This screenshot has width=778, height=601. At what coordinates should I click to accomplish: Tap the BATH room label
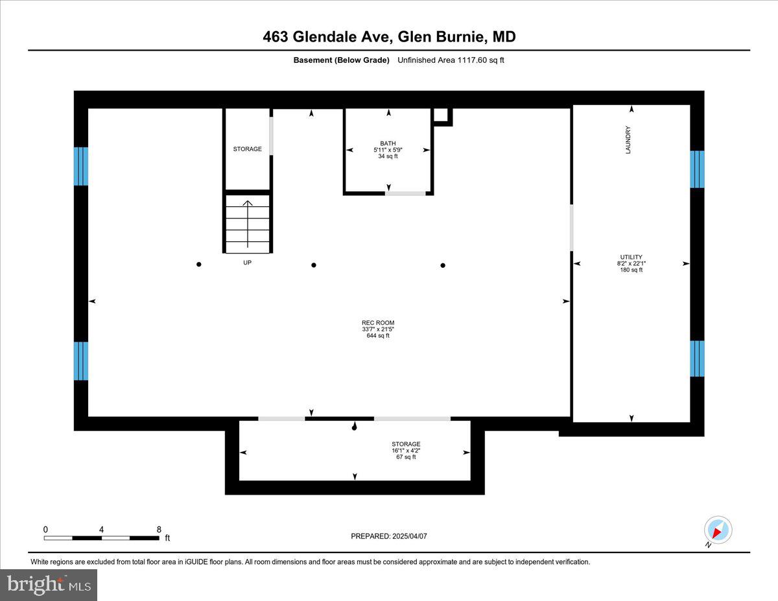[388, 144]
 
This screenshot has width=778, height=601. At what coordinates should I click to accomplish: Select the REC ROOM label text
[378, 323]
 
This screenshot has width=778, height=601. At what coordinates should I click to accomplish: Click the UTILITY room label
[630, 257]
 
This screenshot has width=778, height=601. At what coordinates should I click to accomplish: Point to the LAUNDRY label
[628, 139]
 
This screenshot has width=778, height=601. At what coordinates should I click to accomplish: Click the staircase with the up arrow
[247, 224]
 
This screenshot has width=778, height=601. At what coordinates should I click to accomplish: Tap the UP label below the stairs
[247, 263]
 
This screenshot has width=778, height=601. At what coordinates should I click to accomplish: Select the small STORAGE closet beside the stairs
[247, 149]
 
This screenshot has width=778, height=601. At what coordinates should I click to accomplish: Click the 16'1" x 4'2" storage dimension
[406, 451]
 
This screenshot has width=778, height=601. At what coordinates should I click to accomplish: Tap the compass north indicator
[718, 530]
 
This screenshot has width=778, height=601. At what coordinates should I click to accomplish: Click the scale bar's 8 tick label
[159, 529]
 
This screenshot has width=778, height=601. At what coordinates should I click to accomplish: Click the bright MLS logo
[49, 585]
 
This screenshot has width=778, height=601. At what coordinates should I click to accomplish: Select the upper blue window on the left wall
[80, 166]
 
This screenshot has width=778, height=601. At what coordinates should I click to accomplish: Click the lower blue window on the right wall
[697, 358]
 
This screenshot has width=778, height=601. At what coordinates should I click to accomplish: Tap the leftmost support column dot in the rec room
[199, 264]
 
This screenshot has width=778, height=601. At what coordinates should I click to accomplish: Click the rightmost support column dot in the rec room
[443, 265]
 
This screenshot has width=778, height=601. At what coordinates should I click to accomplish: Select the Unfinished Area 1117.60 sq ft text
[451, 60]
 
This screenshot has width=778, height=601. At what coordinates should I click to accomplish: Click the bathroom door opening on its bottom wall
[406, 193]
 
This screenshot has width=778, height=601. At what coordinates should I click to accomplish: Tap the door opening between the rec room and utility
[571, 228]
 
